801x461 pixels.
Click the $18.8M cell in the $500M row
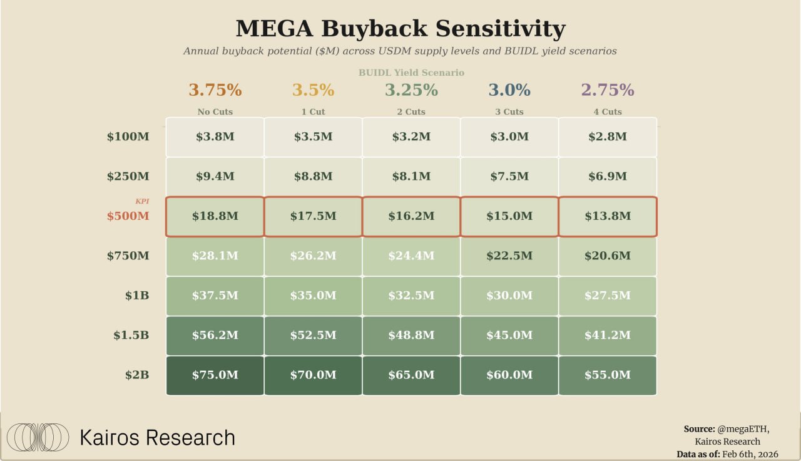click(215, 216)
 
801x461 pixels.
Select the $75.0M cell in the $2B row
click(215, 375)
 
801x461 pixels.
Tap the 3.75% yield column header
click(215, 90)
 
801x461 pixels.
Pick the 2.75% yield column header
click(607, 90)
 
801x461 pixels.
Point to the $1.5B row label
click(131, 335)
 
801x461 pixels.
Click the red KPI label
click(142, 201)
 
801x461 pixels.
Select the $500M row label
click(128, 216)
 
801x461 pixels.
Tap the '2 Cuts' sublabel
click(411, 112)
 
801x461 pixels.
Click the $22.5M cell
click(509, 256)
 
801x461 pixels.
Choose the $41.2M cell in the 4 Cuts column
click(607, 335)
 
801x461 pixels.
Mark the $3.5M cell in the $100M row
click(313, 137)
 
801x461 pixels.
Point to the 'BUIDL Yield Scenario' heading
click(411, 73)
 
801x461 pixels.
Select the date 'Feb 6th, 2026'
click(750, 454)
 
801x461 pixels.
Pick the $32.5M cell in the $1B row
click(411, 296)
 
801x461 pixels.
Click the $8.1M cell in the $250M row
click(411, 177)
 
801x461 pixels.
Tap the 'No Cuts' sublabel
click(215, 112)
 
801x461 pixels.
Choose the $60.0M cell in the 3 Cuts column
click(509, 375)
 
